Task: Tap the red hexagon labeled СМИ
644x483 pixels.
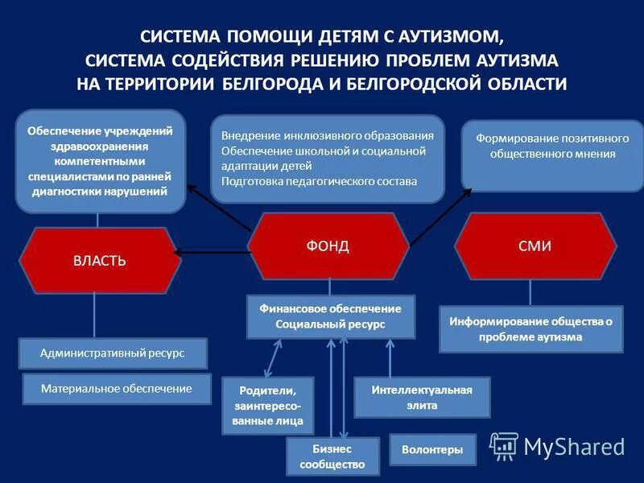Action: [x=535, y=246]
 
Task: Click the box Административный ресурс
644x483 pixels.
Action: [x=112, y=353]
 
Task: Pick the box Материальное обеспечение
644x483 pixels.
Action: [x=117, y=389]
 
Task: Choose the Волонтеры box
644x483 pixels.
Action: [x=432, y=450]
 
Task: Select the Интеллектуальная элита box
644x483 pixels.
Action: [x=422, y=398]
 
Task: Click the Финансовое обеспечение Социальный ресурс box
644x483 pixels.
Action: [x=330, y=316]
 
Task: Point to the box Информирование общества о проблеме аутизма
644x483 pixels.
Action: [x=531, y=329]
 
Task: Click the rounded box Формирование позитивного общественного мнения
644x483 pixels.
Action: [x=552, y=147]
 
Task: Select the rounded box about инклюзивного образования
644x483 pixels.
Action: [x=328, y=159]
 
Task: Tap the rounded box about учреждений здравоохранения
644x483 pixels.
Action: [x=99, y=160]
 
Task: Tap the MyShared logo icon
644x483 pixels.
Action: [x=504, y=445]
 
